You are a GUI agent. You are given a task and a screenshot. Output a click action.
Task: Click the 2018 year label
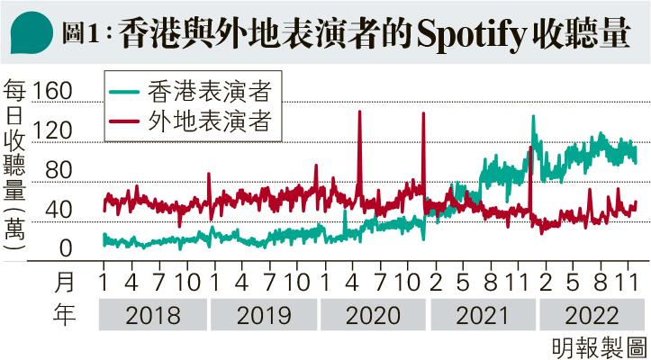154,316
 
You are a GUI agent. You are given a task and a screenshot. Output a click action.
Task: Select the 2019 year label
264,316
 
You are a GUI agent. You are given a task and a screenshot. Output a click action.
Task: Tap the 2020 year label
374,316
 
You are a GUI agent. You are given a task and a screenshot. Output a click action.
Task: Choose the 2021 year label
484,316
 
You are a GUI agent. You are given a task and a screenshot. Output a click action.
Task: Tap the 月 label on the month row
66,282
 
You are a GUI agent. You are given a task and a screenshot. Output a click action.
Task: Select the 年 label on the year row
66,315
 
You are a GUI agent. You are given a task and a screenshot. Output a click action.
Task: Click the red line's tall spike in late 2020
423,114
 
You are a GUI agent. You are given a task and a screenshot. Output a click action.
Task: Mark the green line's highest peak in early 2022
533,117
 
